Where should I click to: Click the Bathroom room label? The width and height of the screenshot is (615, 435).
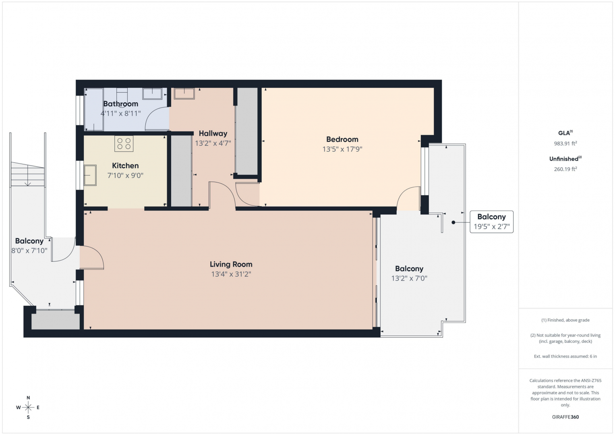tap(120, 104)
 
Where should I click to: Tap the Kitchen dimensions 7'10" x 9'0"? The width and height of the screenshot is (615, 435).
tap(125, 175)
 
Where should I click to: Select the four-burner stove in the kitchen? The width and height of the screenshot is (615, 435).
tap(124, 144)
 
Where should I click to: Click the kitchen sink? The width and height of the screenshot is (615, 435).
tap(90, 175)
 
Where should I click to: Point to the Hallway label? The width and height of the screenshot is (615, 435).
tap(213, 133)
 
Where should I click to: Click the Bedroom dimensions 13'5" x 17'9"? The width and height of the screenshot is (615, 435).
tap(342, 149)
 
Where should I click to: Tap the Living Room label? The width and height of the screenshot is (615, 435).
tap(231, 264)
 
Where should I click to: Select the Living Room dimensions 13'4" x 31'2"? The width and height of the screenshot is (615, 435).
tap(231, 274)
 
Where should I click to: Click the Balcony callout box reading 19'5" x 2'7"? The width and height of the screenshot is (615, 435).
tap(491, 222)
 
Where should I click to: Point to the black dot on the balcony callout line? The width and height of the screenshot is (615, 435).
tap(453, 222)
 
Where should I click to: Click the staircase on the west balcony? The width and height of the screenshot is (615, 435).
tap(27, 174)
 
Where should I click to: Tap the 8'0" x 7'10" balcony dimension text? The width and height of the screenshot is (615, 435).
tap(29, 251)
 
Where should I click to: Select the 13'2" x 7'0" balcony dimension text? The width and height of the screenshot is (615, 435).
tap(409, 278)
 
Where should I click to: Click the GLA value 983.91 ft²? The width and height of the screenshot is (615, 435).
tap(565, 143)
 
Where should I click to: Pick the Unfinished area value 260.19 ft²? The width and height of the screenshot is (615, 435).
tap(565, 169)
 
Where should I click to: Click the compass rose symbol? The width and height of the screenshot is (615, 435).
tap(28, 407)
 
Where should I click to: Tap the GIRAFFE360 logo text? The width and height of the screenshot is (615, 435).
tap(565, 417)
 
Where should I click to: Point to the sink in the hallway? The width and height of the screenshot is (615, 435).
tap(184, 93)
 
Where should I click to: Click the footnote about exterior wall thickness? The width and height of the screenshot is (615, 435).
tap(565, 356)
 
